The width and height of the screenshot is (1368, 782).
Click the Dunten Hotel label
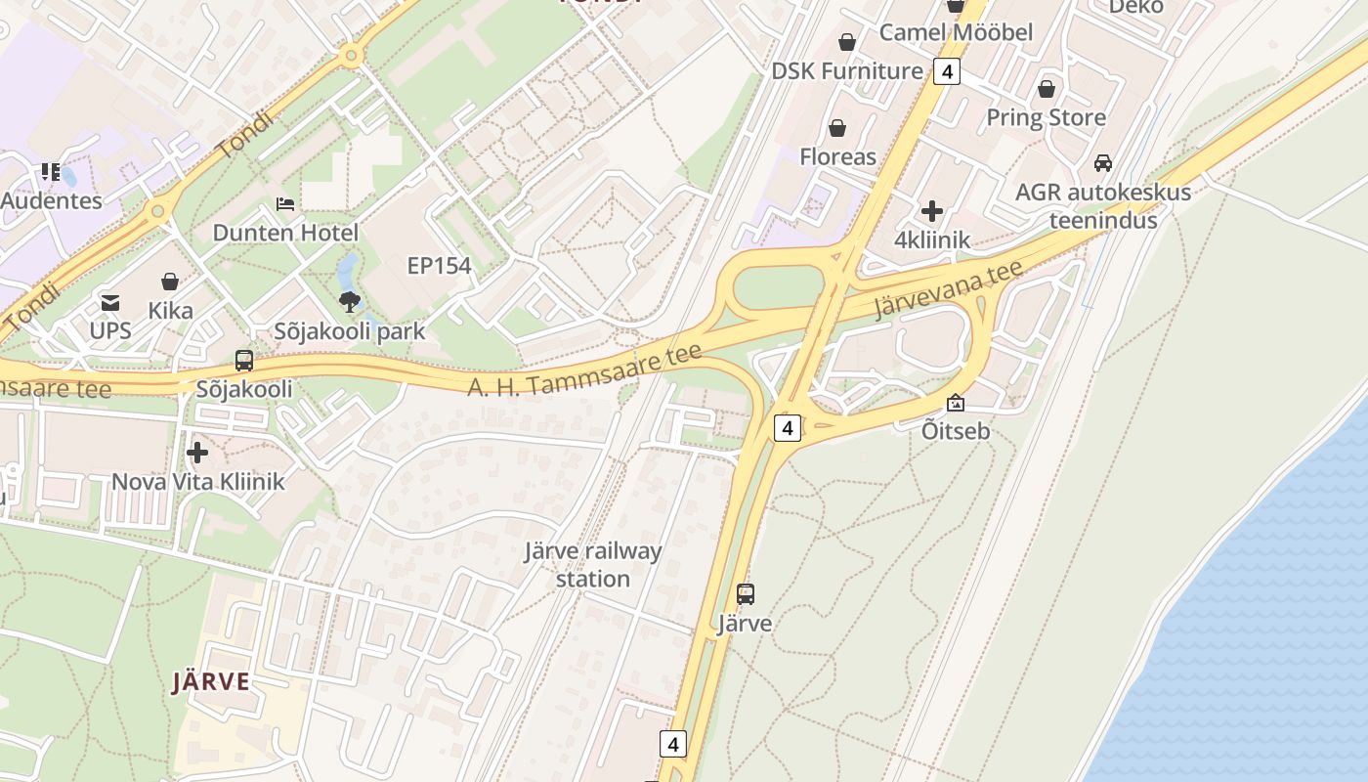[285, 233]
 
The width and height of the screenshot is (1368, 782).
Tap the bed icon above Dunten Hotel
[285, 203]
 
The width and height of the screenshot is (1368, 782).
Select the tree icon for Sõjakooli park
[350, 301]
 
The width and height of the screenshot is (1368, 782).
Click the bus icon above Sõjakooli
[244, 361]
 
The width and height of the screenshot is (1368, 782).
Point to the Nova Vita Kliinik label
[197, 481]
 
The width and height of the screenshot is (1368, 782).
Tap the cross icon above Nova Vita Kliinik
[197, 453]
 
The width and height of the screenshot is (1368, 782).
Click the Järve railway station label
[593, 564]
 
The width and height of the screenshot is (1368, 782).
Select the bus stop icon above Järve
[746, 593]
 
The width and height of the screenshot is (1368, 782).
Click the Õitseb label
[956, 430]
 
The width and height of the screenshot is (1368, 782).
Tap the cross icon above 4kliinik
[932, 210]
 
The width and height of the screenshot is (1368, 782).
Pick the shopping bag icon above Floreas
[837, 128]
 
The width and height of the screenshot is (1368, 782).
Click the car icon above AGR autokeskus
[1103, 162]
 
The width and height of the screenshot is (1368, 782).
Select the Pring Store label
[1046, 117]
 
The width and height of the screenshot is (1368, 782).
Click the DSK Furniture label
[846, 71]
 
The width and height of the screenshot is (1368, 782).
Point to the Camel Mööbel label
[956, 32]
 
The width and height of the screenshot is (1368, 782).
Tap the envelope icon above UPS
[110, 302]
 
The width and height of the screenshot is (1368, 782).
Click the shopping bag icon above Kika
[170, 282]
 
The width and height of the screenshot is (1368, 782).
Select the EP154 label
[439, 265]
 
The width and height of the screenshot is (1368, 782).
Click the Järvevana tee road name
[948, 288]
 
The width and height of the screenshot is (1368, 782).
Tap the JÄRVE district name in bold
[211, 681]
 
